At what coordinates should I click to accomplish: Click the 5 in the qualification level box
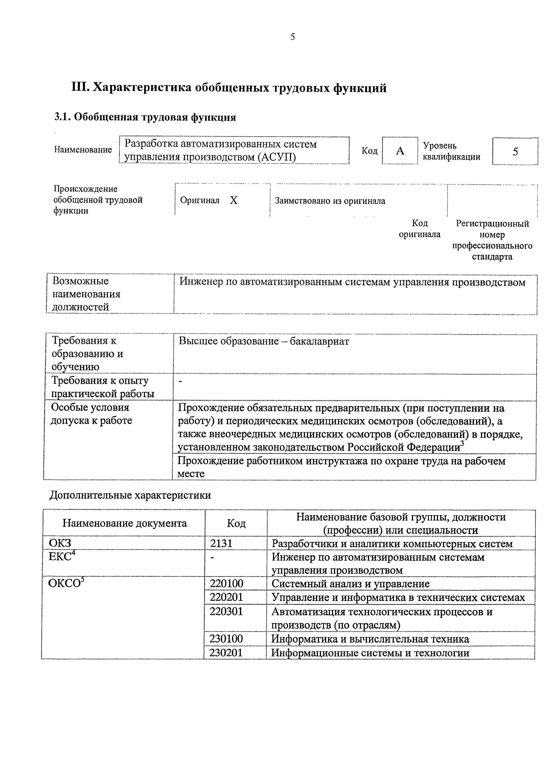point(515,151)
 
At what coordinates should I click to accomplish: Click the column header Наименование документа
point(125,523)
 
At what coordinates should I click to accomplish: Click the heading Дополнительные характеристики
point(130,495)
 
